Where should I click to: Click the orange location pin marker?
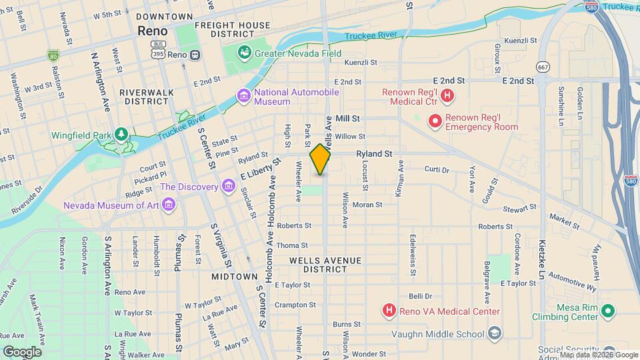[x=321, y=159]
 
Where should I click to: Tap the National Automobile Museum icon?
[x=244, y=97]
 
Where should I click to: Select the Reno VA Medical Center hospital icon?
[x=389, y=311]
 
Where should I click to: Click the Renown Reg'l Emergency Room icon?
[x=435, y=121]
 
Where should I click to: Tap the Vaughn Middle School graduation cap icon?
[x=495, y=332]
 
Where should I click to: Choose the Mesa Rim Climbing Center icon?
[x=607, y=311]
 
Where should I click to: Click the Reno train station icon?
[x=195, y=55]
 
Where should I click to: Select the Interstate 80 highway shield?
[x=53, y=55]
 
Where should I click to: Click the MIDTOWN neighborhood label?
[x=235, y=276]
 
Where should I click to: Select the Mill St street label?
[x=348, y=118]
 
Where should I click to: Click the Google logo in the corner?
[x=21, y=351]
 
